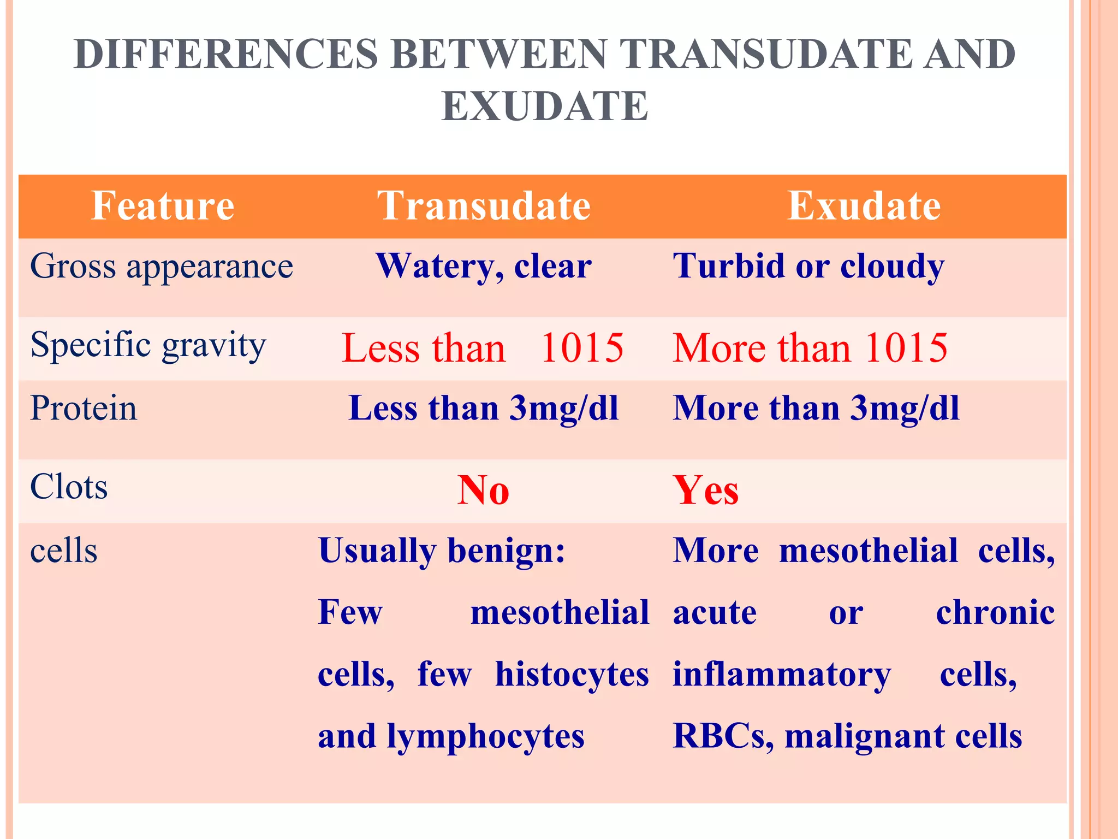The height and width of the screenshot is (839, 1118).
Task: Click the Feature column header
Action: coord(163,206)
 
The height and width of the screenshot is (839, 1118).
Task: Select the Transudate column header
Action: coord(484,206)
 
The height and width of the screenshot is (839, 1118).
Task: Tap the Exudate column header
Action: coord(864,206)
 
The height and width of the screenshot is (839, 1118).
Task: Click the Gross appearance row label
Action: coord(162,267)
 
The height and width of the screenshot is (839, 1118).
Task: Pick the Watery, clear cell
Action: coord(484,267)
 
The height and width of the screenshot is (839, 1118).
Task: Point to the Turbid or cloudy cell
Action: coord(808,267)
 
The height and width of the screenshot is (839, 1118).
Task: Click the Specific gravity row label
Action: coord(148,345)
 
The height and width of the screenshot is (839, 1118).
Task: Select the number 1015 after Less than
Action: coord(582,348)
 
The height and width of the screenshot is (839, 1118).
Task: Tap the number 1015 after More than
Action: coord(906,348)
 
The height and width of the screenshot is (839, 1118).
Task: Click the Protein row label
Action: coord(84,408)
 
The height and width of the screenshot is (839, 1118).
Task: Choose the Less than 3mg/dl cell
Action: coord(484,409)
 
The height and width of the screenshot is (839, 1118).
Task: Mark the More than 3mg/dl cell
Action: coord(816,409)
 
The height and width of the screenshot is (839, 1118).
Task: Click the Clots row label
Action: coord(69,487)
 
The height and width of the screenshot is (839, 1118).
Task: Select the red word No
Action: coord(484,490)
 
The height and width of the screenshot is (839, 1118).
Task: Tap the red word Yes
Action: coord(706,490)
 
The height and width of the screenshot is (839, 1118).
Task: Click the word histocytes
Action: coord(572,675)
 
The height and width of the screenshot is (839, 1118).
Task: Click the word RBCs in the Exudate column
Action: coord(722,736)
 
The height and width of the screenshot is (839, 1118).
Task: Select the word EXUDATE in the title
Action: coord(545,106)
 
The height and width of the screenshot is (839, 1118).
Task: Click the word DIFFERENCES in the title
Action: coord(225,55)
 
